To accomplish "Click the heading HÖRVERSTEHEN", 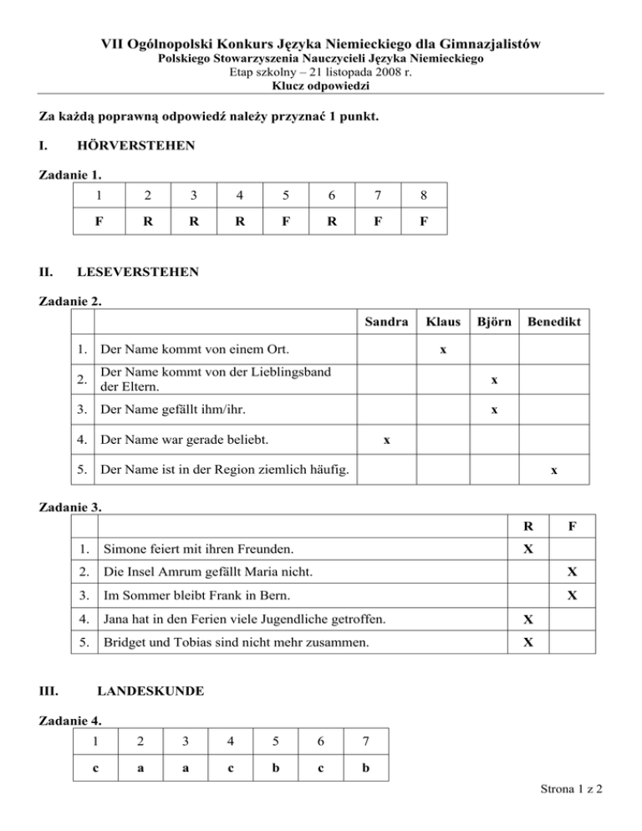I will point(135,146).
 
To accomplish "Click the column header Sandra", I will point(386,321).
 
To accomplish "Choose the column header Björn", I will point(494,321).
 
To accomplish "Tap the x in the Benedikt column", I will point(553,471).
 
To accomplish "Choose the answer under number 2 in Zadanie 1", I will point(146,225).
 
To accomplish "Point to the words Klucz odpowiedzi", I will point(321,86).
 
